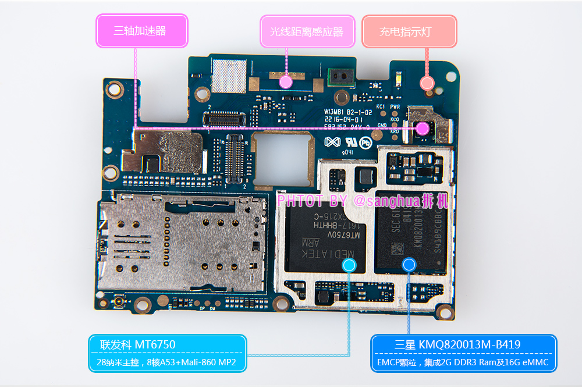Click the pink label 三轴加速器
point(141,31)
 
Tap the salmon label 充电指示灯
point(409,31)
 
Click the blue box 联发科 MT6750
point(167,345)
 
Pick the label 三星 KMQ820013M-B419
point(463,345)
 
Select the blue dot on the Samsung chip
point(409,265)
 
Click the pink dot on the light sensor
point(285,81)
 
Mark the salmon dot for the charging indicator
point(427,83)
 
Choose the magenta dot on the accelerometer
point(423,128)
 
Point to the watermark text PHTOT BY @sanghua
point(363,201)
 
